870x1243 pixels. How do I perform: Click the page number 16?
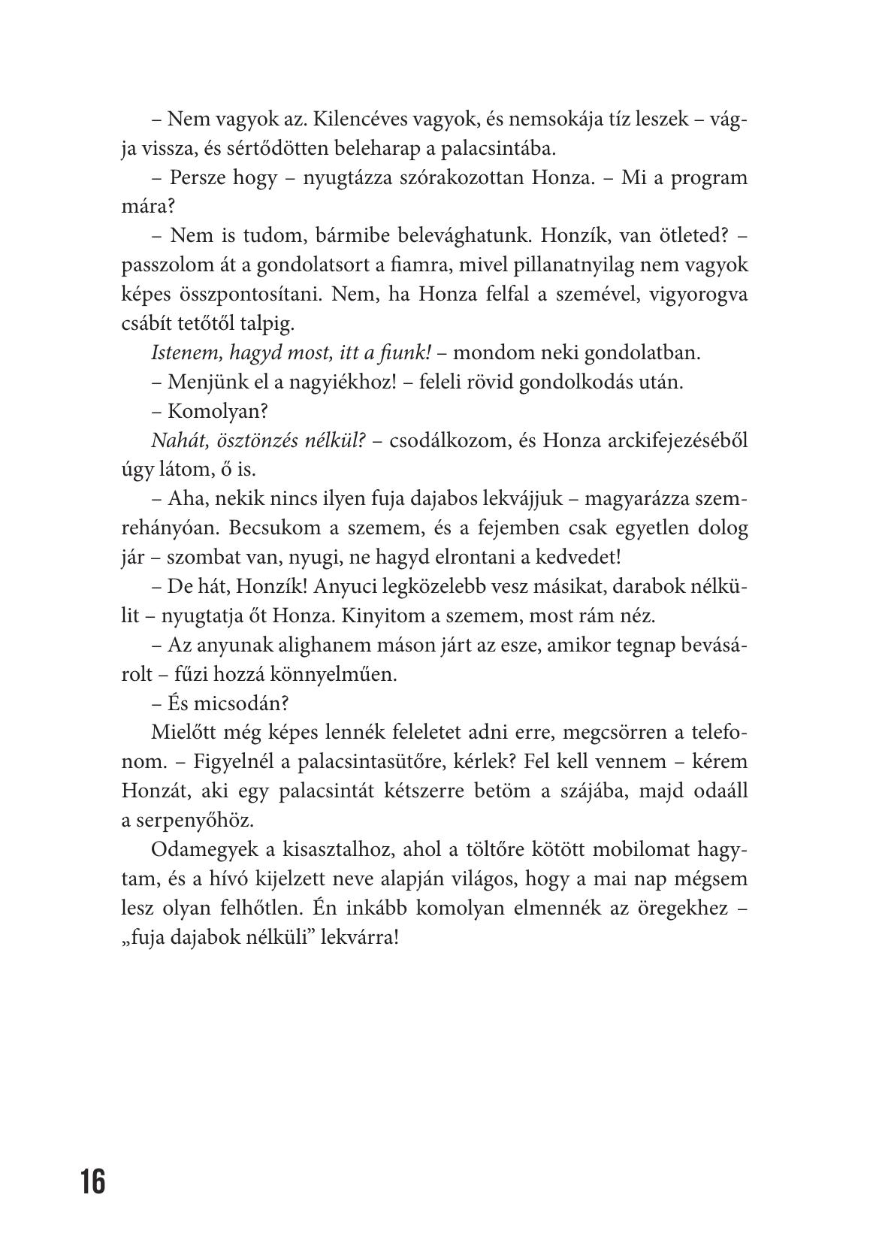(94, 1182)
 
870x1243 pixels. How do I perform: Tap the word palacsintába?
(497, 149)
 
